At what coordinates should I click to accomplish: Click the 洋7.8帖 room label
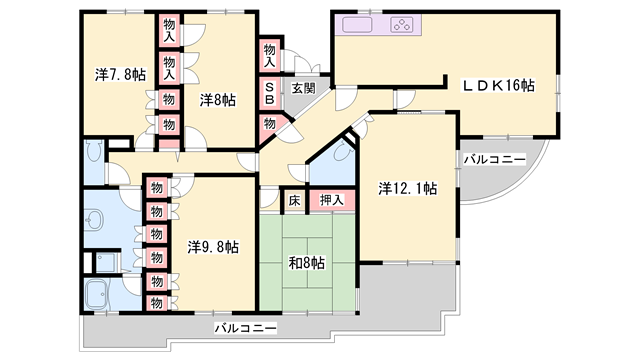[120, 75]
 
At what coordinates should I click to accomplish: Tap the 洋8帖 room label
[218, 100]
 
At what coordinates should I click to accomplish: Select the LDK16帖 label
[498, 85]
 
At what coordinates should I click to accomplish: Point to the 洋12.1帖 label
[407, 189]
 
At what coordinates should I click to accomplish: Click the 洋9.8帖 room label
[213, 247]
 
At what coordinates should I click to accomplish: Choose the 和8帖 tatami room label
[307, 263]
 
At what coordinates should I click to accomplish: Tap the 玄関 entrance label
[303, 88]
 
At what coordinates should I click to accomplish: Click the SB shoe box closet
[270, 93]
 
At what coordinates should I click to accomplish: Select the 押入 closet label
[331, 200]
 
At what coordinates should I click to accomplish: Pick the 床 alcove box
[294, 200]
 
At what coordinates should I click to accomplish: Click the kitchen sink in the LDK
[357, 24]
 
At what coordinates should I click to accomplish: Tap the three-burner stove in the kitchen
[401, 24]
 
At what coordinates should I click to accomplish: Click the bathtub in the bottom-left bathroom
[97, 295]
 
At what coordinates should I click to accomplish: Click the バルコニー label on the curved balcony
[494, 159]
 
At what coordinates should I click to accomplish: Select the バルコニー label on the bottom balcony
[246, 328]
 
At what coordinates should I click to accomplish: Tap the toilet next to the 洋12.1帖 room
[341, 153]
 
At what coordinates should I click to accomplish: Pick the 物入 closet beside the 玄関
[269, 56]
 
